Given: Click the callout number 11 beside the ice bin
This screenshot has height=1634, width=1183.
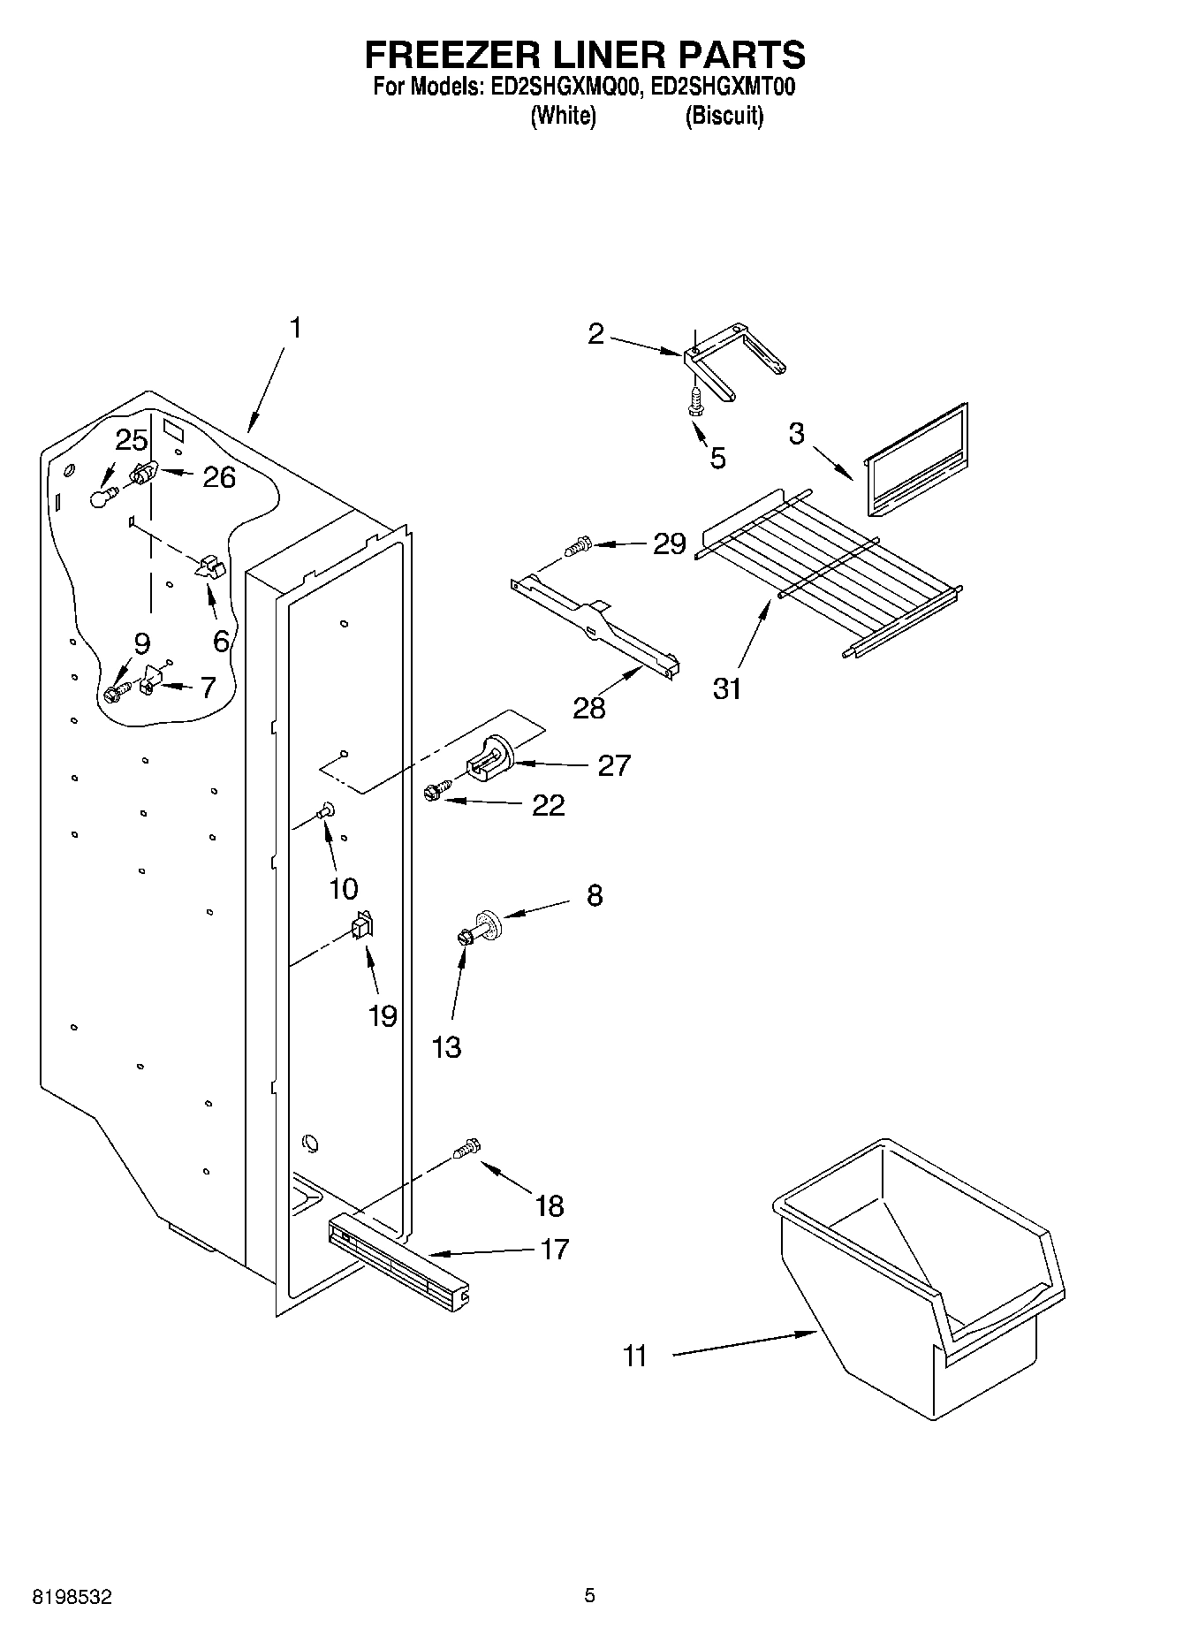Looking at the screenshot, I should tap(635, 1356).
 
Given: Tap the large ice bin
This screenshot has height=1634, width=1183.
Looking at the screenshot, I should tap(919, 1281).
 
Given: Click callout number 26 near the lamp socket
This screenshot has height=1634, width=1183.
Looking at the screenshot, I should tap(219, 477).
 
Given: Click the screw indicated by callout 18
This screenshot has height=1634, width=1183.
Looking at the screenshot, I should tap(466, 1149).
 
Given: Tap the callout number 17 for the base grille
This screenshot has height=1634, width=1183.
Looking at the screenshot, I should tap(554, 1250).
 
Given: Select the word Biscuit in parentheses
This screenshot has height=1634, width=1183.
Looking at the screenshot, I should tap(724, 116).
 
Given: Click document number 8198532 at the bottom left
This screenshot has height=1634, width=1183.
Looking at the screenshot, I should tap(72, 1597).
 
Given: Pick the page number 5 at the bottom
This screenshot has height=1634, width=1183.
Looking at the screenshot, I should tap(589, 1596).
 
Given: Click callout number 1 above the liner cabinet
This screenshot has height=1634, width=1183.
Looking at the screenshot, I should tap(295, 328).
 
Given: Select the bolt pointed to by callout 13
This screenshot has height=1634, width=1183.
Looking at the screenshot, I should tap(463, 938).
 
